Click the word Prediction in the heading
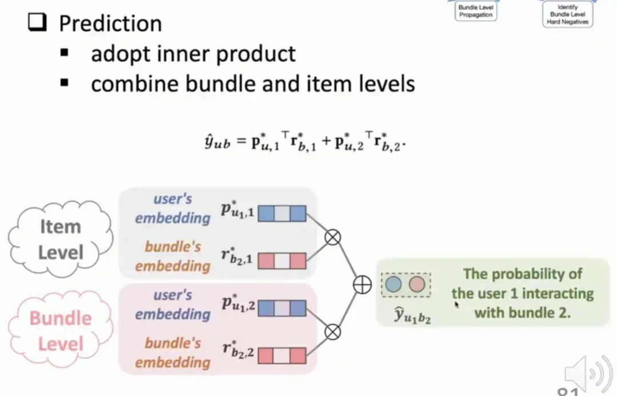(x=110, y=23)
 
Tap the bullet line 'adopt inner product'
(x=193, y=53)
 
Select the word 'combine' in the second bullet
(x=130, y=84)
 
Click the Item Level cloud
(x=61, y=239)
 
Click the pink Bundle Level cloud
(x=61, y=331)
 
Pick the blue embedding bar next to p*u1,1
(x=282, y=213)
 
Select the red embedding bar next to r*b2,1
(x=282, y=262)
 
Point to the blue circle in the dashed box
(x=393, y=284)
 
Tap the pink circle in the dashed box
(x=417, y=284)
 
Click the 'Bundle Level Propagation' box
(x=475, y=11)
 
